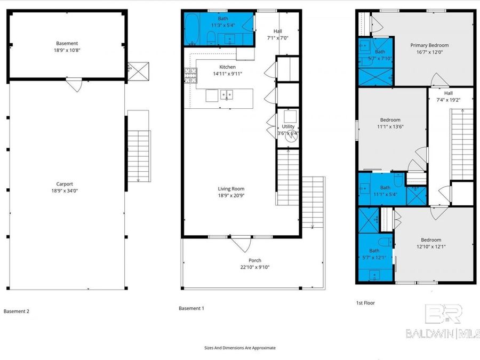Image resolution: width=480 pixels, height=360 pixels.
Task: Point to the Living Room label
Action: [x=231, y=188]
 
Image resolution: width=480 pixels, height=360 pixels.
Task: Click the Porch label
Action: [x=255, y=260]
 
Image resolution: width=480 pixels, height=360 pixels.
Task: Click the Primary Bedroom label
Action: [x=429, y=45]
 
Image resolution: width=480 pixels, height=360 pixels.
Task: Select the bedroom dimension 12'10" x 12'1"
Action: [x=430, y=247]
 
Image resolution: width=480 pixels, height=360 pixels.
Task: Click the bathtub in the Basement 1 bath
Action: [x=193, y=29]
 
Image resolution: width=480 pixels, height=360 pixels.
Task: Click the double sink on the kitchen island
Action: [x=227, y=95]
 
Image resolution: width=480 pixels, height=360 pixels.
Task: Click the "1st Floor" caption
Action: [x=365, y=303]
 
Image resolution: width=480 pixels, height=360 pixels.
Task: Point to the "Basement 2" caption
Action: [x=17, y=311]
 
